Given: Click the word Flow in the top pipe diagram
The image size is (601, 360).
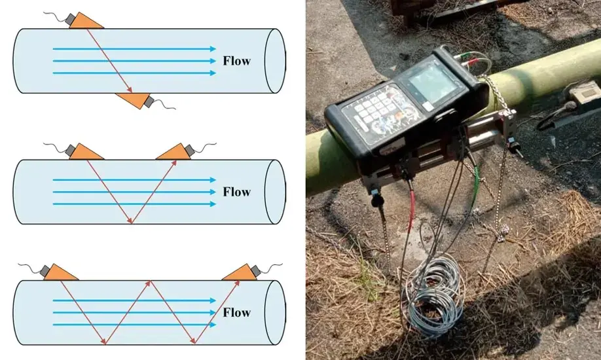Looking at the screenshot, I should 236,62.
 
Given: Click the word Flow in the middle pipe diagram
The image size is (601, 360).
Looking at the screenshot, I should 236,192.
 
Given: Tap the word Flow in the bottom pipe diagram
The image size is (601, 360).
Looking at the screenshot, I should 236,312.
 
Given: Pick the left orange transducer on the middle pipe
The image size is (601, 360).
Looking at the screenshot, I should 86,151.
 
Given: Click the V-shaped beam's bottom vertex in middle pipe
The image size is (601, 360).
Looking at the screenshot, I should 132,221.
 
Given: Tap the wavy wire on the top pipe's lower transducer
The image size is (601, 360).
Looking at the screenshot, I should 164,105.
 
